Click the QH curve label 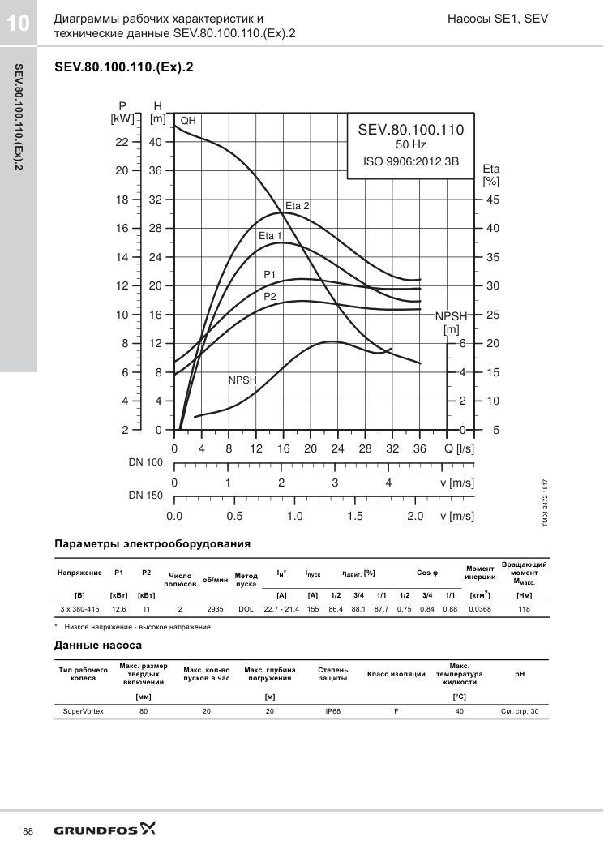point(188,120)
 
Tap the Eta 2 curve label point(298,206)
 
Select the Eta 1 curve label point(270,236)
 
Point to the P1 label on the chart point(270,275)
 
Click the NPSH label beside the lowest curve point(242,380)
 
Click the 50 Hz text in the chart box point(411,145)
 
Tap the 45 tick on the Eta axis point(492,200)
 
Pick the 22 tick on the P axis point(122,142)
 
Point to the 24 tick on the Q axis point(338,448)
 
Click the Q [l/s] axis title point(459,448)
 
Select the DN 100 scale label point(145,462)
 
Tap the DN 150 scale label point(145,496)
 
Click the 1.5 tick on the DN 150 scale point(354,516)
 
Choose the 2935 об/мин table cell point(215,609)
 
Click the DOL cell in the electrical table point(246,609)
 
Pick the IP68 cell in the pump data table point(332,711)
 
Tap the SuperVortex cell point(84,711)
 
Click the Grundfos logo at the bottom point(104,830)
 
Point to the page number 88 point(28,831)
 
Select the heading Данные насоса point(98,646)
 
